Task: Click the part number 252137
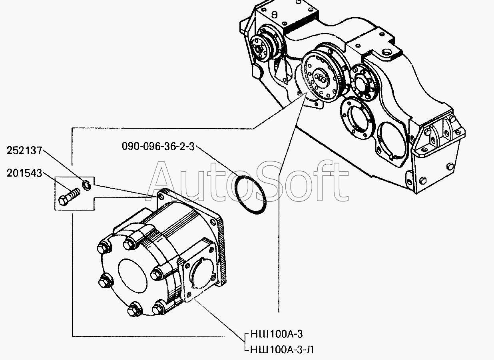pyautogui.click(x=24, y=151)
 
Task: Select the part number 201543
pyautogui.click(x=24, y=173)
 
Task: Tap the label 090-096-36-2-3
pyautogui.click(x=158, y=146)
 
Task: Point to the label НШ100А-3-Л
pyautogui.click(x=282, y=350)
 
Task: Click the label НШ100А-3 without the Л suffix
pyautogui.click(x=277, y=334)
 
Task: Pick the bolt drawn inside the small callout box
pyautogui.click(x=69, y=197)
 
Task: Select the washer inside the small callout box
pyautogui.click(x=86, y=185)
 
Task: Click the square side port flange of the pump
pyautogui.click(x=200, y=270)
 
